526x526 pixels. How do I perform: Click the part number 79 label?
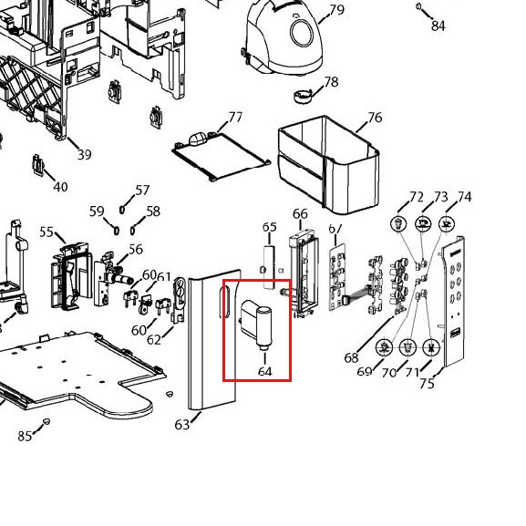337,9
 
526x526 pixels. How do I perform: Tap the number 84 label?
438,26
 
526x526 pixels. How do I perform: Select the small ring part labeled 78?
303,96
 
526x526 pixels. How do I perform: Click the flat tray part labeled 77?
221,157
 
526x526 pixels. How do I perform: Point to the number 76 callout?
375,118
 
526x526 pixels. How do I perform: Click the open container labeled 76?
329,164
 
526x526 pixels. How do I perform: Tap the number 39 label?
84,155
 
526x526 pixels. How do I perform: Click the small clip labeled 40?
38,165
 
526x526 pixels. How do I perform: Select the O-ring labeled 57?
122,210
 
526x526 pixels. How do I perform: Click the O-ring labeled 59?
117,231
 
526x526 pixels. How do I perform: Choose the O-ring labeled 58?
132,231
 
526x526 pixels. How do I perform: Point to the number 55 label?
46,232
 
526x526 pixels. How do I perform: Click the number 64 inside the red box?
265,371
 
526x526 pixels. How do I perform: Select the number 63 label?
182,425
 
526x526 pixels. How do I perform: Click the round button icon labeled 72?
398,223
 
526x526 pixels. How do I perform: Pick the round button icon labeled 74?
447,223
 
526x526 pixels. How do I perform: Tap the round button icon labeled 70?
407,347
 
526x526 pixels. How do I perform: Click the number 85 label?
25,436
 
